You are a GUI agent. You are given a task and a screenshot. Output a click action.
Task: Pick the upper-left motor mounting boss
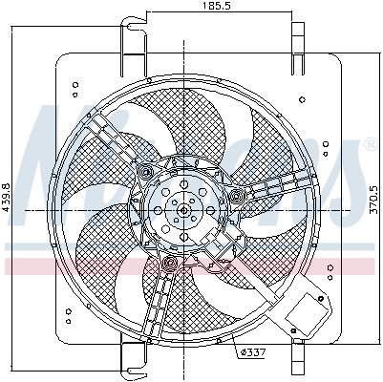pyautogui.click(x=146, y=172)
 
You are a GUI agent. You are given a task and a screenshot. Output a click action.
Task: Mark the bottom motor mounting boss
pyautogui.click(x=169, y=262)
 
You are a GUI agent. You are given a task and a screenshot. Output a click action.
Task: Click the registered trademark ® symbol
pyautogui.click(x=369, y=144)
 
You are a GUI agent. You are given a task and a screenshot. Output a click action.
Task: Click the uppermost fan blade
pyautogui.click(x=196, y=115)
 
